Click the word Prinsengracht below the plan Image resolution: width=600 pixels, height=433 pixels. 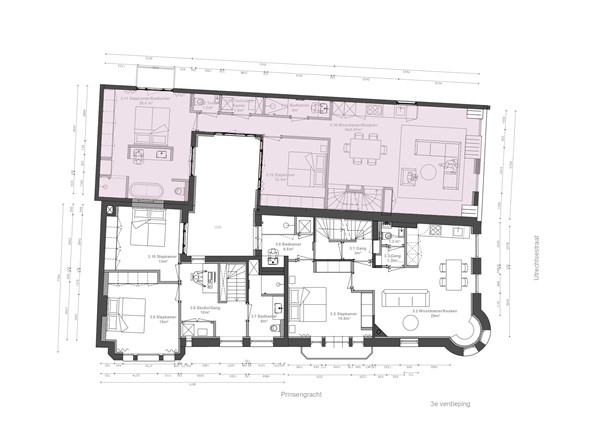coord(301,396)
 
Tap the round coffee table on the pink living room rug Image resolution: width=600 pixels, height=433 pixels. coord(411,176)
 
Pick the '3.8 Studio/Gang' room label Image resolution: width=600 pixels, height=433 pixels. coord(205,310)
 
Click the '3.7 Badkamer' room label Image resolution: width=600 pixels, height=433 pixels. coord(265,320)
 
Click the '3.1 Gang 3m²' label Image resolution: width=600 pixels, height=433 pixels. coord(355,251)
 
